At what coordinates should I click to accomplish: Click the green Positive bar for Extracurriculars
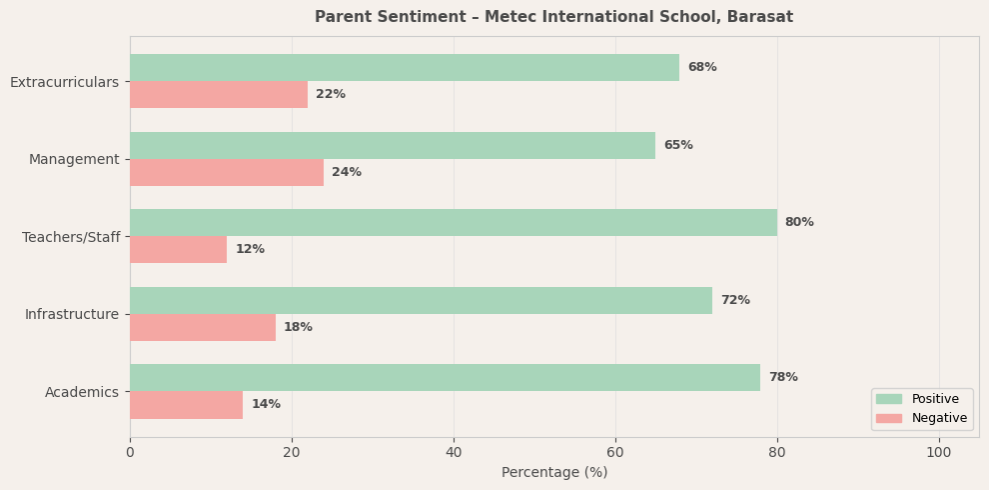[405, 68]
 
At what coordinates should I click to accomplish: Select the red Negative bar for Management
[227, 173]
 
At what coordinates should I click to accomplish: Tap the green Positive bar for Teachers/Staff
[454, 223]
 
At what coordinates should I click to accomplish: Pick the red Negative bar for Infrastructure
[203, 328]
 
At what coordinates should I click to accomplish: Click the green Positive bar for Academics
[445, 378]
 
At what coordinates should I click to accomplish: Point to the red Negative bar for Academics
[186, 405]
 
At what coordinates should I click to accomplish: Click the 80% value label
[799, 223]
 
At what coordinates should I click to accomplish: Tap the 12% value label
[250, 250]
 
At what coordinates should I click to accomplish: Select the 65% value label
[678, 146]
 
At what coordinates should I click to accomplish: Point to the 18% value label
[298, 328]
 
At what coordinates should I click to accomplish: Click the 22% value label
[331, 95]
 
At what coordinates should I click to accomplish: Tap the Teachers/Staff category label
[71, 237]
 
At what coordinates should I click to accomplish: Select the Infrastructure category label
[72, 315]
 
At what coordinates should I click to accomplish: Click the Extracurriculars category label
[64, 82]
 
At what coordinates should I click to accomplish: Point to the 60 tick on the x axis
[615, 453]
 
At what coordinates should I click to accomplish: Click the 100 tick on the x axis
[939, 453]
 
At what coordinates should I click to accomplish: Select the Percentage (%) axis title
[554, 473]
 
